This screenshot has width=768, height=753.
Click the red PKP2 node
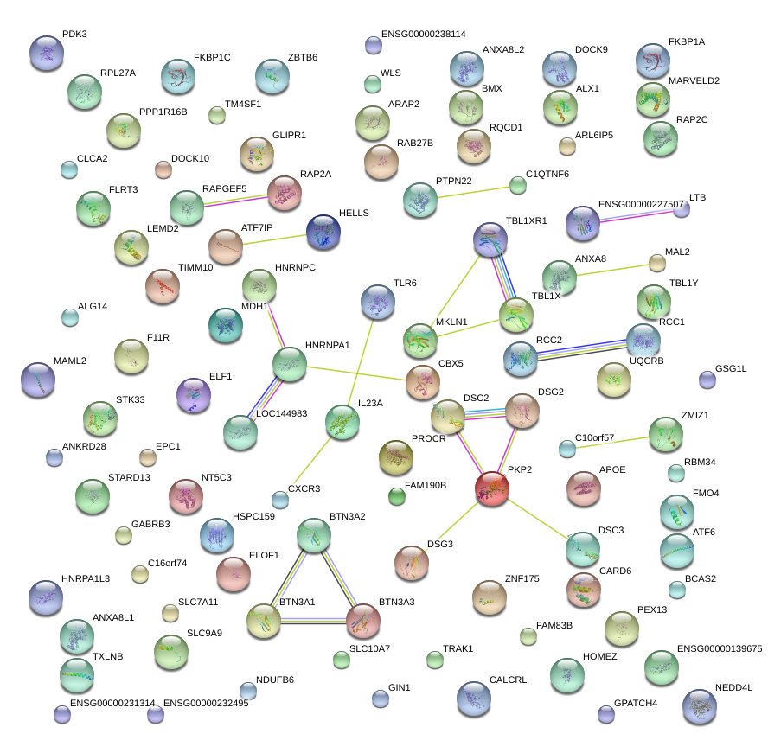(x=492, y=488)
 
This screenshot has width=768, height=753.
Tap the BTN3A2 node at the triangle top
(x=313, y=536)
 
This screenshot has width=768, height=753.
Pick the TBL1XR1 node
(x=490, y=239)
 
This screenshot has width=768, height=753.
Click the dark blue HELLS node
(x=323, y=232)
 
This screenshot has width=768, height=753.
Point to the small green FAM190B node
(x=397, y=496)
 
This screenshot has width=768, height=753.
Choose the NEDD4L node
(x=700, y=706)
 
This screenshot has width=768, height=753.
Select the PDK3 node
(x=47, y=53)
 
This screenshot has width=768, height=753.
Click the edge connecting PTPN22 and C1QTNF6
(x=476, y=191)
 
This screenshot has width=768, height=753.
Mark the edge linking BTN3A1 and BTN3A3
(x=313, y=619)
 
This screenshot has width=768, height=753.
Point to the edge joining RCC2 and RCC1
(x=581, y=348)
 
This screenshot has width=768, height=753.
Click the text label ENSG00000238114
(x=423, y=34)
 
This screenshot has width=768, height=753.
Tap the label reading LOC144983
(x=282, y=414)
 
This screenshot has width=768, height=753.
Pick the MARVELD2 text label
(x=694, y=80)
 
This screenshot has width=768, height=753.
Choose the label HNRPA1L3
(x=86, y=578)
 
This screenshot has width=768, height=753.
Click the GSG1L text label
(x=731, y=368)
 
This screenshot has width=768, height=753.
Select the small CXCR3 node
(x=279, y=499)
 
